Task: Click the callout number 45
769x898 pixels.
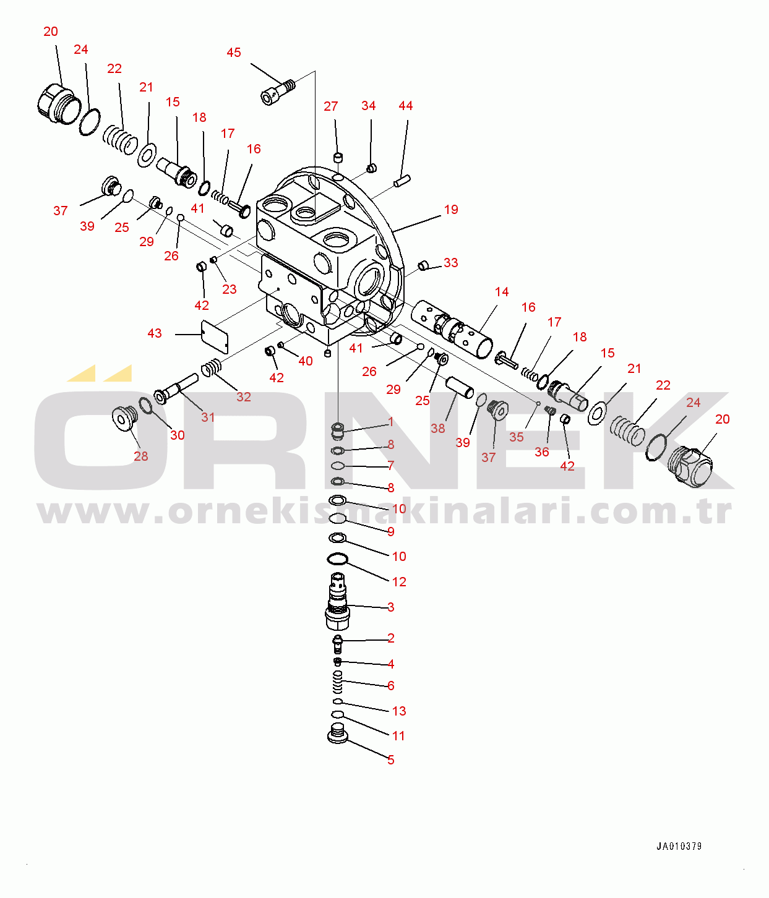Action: pos(233,53)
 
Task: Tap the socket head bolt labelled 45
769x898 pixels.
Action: pos(278,92)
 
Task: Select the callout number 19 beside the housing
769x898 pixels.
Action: pos(451,210)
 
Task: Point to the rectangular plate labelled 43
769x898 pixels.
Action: pos(215,336)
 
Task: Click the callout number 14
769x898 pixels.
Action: pos(501,291)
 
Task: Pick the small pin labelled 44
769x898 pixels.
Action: pos(402,181)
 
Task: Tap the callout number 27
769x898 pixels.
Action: pos(330,106)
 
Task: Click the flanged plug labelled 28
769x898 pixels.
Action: pos(125,419)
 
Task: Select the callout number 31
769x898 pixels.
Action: pos(208,417)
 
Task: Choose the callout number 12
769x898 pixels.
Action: pos(398,582)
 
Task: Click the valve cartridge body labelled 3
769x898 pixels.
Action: pos(337,602)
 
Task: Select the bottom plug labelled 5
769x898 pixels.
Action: pos(337,733)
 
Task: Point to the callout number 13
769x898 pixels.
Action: pos(398,711)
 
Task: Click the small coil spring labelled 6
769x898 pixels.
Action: pos(337,683)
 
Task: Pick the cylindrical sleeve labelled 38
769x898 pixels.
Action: pos(460,388)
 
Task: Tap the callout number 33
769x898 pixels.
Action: pos(450,262)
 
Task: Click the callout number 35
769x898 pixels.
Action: pos(516,437)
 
